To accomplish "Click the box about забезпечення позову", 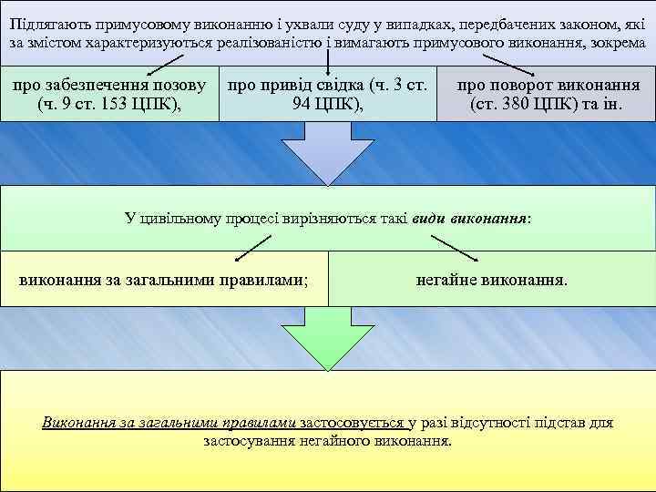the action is (x=109, y=94).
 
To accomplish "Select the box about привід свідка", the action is (x=328, y=94).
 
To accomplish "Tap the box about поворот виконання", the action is (x=547, y=94).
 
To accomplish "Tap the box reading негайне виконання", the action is (x=491, y=279).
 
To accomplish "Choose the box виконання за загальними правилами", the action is (x=163, y=279).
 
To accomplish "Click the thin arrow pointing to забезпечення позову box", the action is (x=169, y=62).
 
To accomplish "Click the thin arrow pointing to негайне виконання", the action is (x=460, y=248).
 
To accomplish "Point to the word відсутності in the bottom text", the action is (x=496, y=423).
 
